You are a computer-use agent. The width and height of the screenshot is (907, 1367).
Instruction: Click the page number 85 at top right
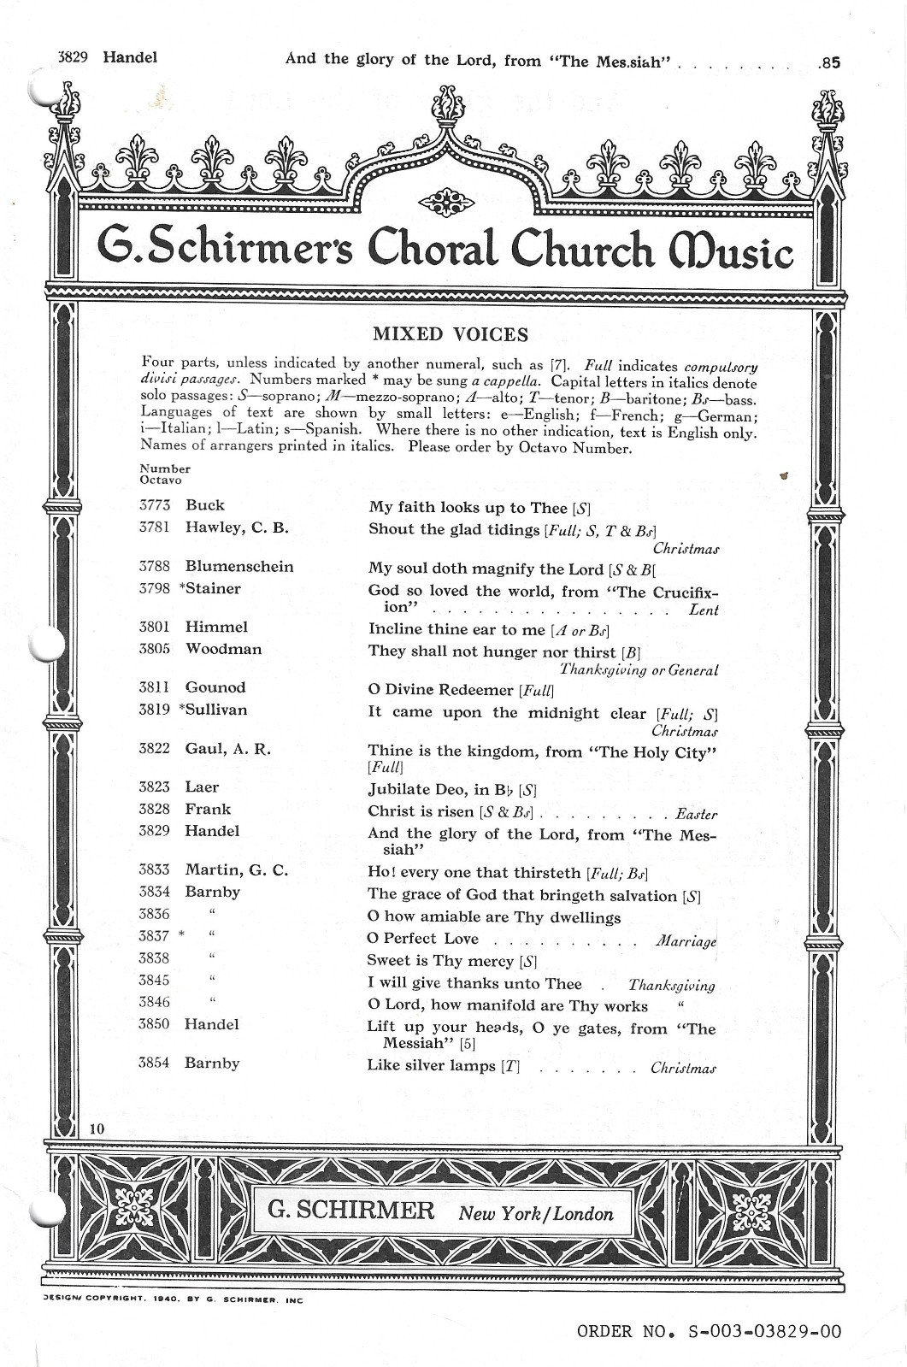coord(830,62)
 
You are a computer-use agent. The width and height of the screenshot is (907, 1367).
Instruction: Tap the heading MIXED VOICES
coord(451,334)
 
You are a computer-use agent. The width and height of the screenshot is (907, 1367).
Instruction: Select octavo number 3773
coord(155,505)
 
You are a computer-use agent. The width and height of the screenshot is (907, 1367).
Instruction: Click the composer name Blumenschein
coord(239,567)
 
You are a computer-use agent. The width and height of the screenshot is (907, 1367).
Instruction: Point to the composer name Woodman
coord(224,649)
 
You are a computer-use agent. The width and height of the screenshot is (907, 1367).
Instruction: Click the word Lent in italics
coord(704,610)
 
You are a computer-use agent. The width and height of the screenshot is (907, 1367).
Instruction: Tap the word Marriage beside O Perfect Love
coord(686,941)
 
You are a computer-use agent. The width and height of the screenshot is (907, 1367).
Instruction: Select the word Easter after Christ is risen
coord(696,815)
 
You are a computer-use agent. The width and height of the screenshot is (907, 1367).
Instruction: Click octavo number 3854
coord(155,1064)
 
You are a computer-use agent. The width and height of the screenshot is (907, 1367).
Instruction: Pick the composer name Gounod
coord(215,687)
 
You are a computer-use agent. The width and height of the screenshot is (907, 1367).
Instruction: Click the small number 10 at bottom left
coord(97,1128)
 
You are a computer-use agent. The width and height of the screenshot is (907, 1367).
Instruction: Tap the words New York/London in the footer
coord(536,1214)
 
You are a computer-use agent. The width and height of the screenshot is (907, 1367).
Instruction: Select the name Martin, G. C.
coord(237,870)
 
